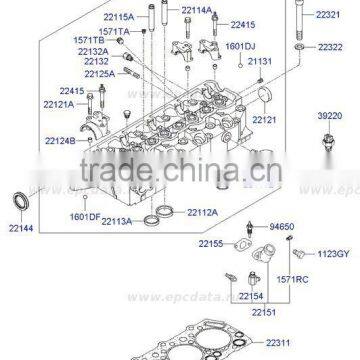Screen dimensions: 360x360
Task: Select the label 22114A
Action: [197, 11]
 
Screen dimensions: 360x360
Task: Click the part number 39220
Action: [331, 116]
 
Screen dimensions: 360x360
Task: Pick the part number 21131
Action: [259, 62]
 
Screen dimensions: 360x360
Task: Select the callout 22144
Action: [23, 230]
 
